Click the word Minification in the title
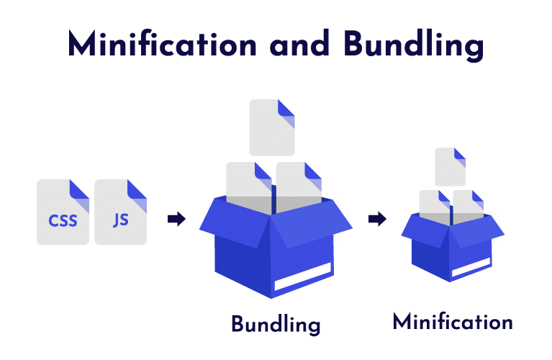pyautogui.click(x=163, y=44)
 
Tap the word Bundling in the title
pyautogui.click(x=414, y=45)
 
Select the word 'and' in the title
pyautogui.click(x=299, y=44)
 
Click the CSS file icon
pyautogui.click(x=63, y=212)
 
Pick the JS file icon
pyautogui.click(x=120, y=212)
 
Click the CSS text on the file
pyautogui.click(x=63, y=221)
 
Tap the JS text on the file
pyautogui.click(x=121, y=220)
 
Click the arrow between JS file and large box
pyautogui.click(x=176, y=219)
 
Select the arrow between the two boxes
pyautogui.click(x=377, y=219)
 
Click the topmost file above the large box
pyautogui.click(x=272, y=127)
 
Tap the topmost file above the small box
pyautogui.click(x=451, y=167)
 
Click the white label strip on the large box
pyautogui.click(x=303, y=277)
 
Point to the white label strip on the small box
pyautogui.click(x=471, y=267)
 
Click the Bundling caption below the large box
pyautogui.click(x=276, y=325)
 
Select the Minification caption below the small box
pyautogui.click(x=453, y=322)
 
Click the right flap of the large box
pyautogui.click(x=312, y=222)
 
